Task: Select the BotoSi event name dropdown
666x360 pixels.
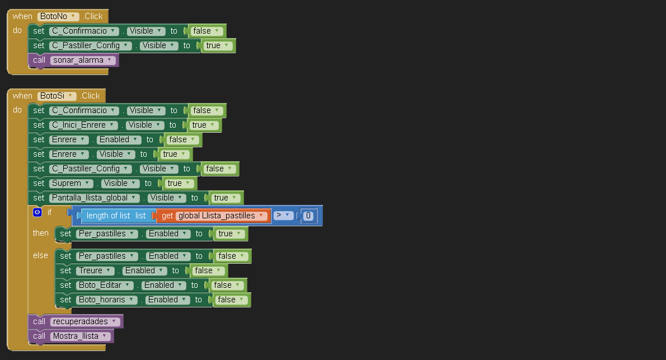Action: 57,96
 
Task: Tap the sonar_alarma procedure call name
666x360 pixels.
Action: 83,60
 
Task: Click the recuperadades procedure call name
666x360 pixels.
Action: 85,322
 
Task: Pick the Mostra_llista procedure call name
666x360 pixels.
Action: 80,336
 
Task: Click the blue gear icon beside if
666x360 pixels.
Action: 37,212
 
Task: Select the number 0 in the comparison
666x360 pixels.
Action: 308,216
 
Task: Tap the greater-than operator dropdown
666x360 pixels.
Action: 283,216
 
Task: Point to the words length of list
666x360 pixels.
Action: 109,216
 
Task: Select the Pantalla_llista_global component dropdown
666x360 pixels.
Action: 94,198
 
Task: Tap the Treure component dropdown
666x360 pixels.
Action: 95,271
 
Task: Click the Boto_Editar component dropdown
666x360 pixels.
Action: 105,285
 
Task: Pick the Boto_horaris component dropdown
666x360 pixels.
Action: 106,300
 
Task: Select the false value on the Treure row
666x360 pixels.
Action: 208,271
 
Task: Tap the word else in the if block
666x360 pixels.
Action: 40,255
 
